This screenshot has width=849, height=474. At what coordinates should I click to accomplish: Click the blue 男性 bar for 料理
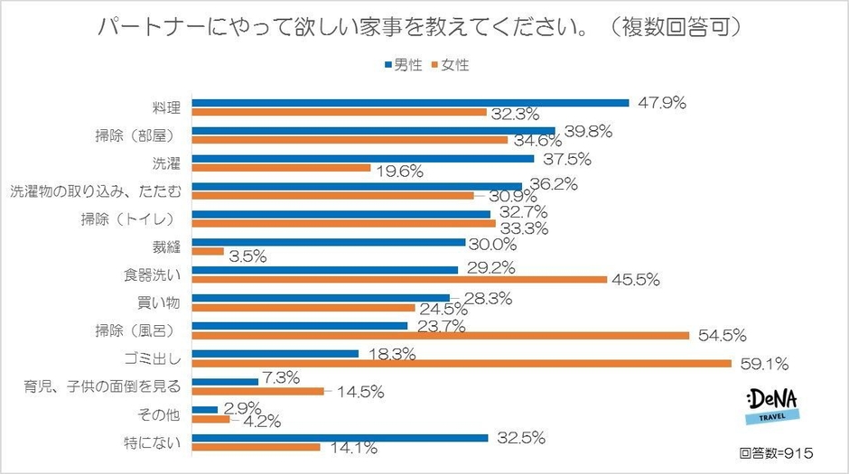pyautogui.click(x=412, y=102)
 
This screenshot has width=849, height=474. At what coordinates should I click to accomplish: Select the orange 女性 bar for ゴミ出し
pyautogui.click(x=462, y=364)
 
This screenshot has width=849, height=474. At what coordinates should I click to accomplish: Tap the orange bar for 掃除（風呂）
pyautogui.click(x=442, y=336)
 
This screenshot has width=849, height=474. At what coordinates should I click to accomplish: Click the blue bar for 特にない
pyautogui.click(x=341, y=438)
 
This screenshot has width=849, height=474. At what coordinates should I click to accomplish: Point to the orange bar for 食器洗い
pyautogui.click(x=401, y=280)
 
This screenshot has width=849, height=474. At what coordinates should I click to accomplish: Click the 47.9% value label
pyautogui.click(x=660, y=103)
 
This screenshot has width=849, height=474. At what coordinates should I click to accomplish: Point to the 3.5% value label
pyautogui.click(x=247, y=256)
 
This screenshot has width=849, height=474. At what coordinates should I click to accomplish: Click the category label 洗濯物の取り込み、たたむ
pyautogui.click(x=96, y=191)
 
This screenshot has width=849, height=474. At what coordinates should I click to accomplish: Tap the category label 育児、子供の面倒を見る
pyautogui.click(x=102, y=387)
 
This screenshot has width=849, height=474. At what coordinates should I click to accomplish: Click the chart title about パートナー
pyautogui.click(x=423, y=27)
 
